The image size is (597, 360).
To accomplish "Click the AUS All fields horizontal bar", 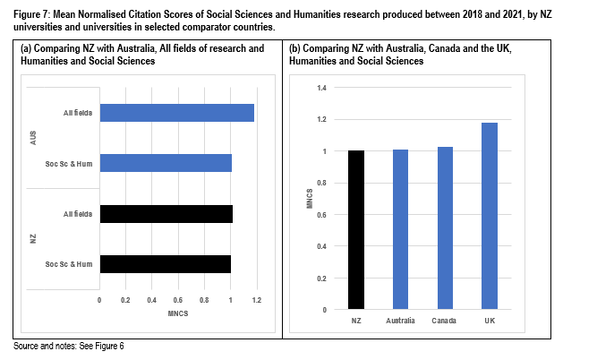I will (x=177, y=113).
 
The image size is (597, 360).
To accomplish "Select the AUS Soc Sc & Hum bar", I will (x=166, y=163).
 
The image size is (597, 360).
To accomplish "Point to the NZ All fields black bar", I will (x=166, y=213).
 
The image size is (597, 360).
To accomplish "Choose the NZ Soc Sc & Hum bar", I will (x=166, y=263).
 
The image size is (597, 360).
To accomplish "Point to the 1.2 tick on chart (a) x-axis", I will (x=257, y=301).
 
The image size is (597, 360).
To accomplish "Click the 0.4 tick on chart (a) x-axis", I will (x=152, y=301).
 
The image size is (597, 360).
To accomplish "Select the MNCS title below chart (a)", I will (x=178, y=313).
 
